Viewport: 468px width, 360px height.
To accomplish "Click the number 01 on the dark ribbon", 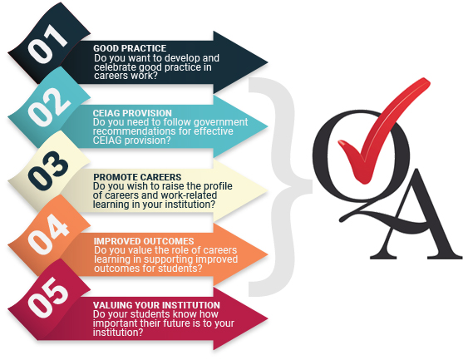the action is pos(47,43).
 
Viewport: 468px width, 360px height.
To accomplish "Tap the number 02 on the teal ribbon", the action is pos(49,107).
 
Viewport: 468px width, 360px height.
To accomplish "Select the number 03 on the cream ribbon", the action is pos(48,171).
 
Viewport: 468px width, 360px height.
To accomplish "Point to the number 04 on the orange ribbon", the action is pos(48,235).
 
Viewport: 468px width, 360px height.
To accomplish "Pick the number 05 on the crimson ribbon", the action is pos(47,298).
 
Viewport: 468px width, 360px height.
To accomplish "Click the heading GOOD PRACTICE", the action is pos(130,48).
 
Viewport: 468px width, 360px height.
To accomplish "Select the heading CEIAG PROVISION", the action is pos(132,113).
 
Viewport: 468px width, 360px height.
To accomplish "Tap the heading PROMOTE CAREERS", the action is pos(137,177).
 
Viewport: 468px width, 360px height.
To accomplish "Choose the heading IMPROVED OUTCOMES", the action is pos(144,241).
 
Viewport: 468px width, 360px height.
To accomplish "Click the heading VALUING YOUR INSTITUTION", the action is pos(156,305).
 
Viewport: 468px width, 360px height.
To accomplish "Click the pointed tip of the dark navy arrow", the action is pos(268,62).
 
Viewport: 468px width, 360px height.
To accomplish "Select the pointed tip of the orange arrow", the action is pos(268,254).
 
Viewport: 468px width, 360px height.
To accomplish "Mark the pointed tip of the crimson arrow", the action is pos(268,318).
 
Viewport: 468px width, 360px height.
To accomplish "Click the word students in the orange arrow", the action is pos(178,269).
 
